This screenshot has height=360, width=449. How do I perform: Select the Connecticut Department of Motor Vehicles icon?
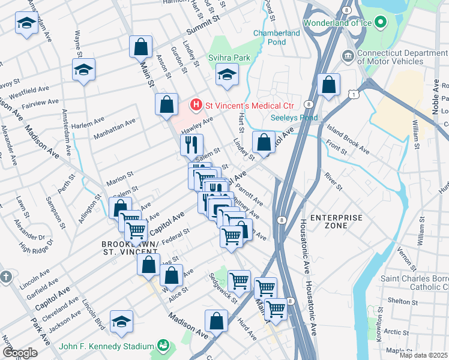348,56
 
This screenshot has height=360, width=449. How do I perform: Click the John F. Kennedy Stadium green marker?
162,345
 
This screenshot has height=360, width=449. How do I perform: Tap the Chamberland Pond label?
277,37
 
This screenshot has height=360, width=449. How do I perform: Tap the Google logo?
19,353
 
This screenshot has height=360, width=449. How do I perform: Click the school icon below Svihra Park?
227,75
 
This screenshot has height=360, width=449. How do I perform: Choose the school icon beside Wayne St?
83,70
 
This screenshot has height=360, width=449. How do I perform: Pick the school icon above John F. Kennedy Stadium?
121,322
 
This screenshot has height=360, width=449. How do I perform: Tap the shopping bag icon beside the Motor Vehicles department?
328,85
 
